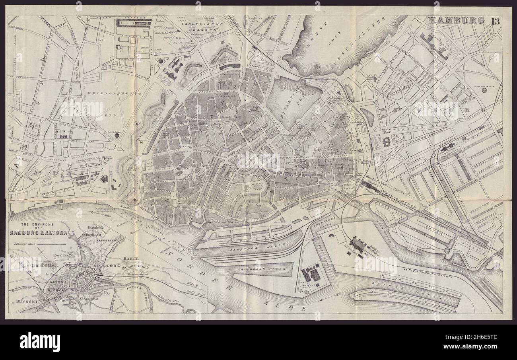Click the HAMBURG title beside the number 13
click(456, 21)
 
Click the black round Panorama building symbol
click(117, 136)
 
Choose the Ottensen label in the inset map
click(22, 302)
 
